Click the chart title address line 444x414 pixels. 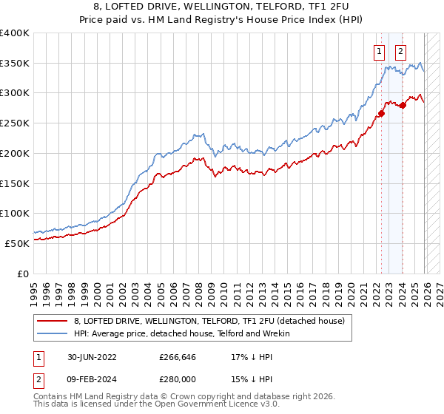pyautogui.click(x=221, y=7)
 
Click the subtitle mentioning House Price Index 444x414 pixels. pyautogui.click(x=221, y=19)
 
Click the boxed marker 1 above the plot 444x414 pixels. pyautogui.click(x=379, y=52)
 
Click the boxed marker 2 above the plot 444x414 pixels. pyautogui.click(x=400, y=52)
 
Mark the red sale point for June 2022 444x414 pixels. pyautogui.click(x=382, y=113)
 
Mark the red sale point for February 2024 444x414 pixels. pyautogui.click(x=403, y=105)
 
